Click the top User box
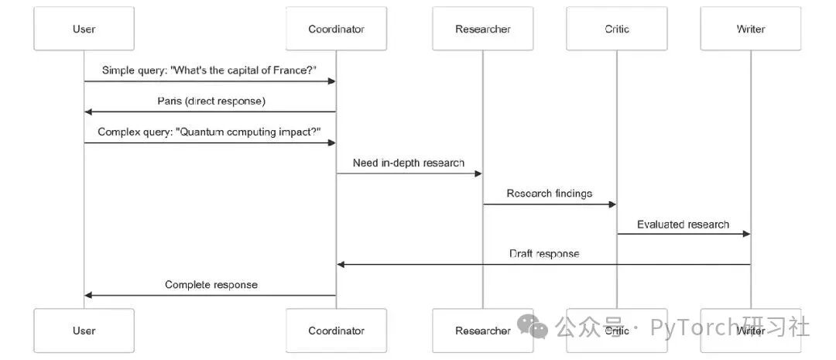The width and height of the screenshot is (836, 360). pos(84,29)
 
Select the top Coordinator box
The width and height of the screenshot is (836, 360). pos(336,29)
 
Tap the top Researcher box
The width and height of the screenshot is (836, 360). pos(482,29)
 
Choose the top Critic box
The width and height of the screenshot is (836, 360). pos(617,29)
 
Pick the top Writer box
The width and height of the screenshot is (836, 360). pos(750,29)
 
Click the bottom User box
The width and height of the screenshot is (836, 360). pos(84,331)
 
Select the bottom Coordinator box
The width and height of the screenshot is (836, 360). pos(336,331)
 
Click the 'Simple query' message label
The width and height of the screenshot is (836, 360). pos(209,70)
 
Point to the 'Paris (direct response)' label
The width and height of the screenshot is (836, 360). pos(210,101)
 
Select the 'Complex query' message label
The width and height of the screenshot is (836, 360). pos(209,132)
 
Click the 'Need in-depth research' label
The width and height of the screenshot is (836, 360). pos(409,163)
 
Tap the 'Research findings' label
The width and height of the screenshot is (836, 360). pos(550,194)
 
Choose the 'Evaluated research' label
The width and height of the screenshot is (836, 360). pos(683,225)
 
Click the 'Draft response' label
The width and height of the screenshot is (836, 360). pos(544,254)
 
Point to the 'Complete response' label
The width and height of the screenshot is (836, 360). pos(211,285)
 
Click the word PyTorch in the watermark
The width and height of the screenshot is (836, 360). pos(694,327)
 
